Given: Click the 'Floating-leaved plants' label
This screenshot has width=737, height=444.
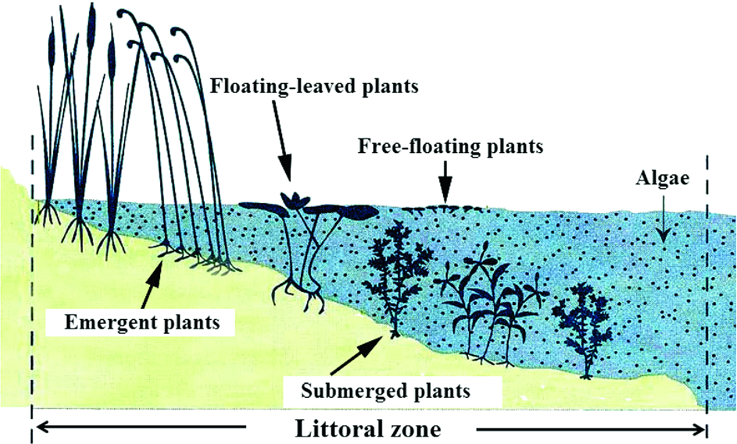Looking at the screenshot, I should tap(313, 85).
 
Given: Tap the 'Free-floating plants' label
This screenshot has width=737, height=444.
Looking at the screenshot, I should tap(451, 148).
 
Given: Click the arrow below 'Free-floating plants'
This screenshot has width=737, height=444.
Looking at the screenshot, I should tap(445, 181).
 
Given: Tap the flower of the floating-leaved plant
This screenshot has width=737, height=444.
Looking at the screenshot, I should tap(295, 199).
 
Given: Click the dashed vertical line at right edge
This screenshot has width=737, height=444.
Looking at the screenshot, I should tap(706, 280).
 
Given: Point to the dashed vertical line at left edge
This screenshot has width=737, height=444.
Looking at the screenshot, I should tap(31, 280).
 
